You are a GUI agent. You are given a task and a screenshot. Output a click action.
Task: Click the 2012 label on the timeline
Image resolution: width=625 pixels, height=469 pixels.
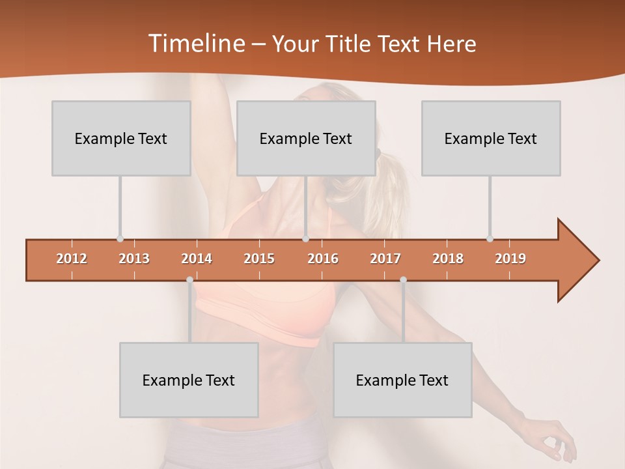pyautogui.click(x=72, y=259)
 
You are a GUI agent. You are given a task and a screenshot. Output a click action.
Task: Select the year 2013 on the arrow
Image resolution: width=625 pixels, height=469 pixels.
pyautogui.click(x=134, y=259)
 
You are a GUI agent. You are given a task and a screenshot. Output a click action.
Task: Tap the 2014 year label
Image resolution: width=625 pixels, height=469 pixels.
pyautogui.click(x=197, y=259)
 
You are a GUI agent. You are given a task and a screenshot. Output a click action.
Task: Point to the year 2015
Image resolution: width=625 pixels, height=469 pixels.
pyautogui.click(x=259, y=259)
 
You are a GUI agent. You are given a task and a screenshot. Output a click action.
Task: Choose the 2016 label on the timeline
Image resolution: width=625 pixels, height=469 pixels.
pyautogui.click(x=323, y=259)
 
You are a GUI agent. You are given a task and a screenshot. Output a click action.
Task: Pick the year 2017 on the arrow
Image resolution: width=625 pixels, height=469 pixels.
pyautogui.click(x=385, y=259)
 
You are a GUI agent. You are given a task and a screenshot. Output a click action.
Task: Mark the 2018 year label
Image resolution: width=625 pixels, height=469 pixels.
pyautogui.click(x=448, y=259)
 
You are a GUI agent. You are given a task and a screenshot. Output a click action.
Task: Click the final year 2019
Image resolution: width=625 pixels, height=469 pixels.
pyautogui.click(x=510, y=259)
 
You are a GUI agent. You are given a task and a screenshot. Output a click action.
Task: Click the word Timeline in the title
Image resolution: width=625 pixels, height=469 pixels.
pyautogui.click(x=195, y=43)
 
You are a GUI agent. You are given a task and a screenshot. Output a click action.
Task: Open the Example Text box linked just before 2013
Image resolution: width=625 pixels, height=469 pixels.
pyautogui.click(x=121, y=138)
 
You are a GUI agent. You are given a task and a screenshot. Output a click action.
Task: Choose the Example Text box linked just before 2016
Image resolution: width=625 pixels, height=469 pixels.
pyautogui.click(x=306, y=138)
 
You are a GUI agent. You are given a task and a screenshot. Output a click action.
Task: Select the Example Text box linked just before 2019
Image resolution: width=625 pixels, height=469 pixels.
pyautogui.click(x=491, y=138)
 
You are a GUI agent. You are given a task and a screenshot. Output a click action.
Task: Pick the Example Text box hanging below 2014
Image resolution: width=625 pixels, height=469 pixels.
pyautogui.click(x=189, y=380)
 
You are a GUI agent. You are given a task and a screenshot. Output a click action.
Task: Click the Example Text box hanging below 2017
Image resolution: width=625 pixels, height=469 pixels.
pyautogui.click(x=402, y=380)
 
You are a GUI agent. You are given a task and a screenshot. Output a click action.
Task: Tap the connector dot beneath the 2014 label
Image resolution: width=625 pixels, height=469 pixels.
pyautogui.click(x=189, y=280)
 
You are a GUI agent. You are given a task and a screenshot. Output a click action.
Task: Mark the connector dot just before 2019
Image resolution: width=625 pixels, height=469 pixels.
pyautogui.click(x=490, y=239)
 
